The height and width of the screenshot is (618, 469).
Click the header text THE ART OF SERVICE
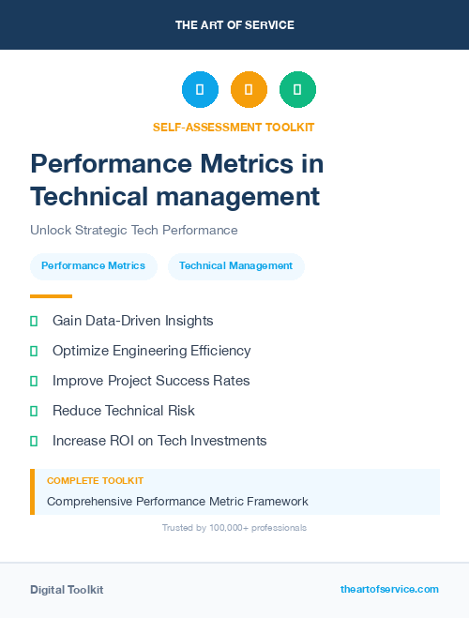(234, 25)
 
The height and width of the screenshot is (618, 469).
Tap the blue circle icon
(200, 90)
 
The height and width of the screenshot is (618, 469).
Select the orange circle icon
(249, 90)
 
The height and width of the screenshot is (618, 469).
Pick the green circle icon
(297, 90)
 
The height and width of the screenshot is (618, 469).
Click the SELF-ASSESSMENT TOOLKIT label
(234, 127)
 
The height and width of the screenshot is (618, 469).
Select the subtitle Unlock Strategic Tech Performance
(133, 230)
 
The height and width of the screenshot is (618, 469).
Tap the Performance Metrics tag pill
(93, 266)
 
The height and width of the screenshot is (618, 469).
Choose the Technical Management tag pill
(235, 266)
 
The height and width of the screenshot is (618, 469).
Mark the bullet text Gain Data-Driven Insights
(132, 321)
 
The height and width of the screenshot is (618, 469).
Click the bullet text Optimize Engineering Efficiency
(151, 351)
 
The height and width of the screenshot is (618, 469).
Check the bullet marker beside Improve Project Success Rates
(34, 381)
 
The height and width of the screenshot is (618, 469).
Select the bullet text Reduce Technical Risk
(123, 411)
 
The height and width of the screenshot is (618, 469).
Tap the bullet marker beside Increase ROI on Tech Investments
(34, 441)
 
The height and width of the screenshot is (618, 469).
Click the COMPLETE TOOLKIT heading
(82, 480)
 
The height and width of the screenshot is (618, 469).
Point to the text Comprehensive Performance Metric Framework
(177, 501)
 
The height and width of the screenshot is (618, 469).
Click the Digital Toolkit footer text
(67, 590)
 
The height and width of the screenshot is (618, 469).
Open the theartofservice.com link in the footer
(389, 589)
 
